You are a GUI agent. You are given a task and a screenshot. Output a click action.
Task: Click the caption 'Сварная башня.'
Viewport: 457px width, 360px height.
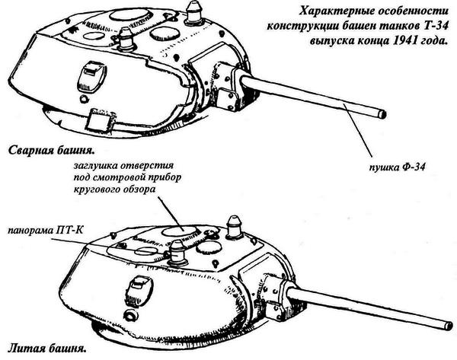52,151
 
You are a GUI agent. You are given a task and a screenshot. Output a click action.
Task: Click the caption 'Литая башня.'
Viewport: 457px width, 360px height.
47,349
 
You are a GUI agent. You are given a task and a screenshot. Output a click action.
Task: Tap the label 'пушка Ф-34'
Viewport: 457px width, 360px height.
397,167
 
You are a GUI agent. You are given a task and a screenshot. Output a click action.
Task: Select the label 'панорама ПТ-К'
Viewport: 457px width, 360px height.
46,231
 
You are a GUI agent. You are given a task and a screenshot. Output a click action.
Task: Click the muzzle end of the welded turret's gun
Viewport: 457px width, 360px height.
382,114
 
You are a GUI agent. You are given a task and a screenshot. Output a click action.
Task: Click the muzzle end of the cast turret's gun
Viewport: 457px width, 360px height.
449,326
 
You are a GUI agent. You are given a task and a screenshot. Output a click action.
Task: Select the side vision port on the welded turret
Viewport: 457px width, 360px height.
91,75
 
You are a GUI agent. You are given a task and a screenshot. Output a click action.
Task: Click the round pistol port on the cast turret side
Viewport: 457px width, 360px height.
130,315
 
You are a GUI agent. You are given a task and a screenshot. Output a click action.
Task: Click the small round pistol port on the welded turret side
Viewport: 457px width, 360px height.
83,99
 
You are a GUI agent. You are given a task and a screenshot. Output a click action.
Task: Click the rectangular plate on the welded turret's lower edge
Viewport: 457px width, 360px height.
98,119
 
